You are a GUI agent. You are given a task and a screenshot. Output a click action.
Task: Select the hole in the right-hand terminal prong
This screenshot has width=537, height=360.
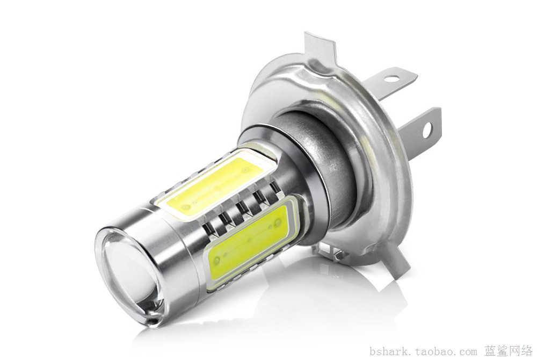tap(427, 130)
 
